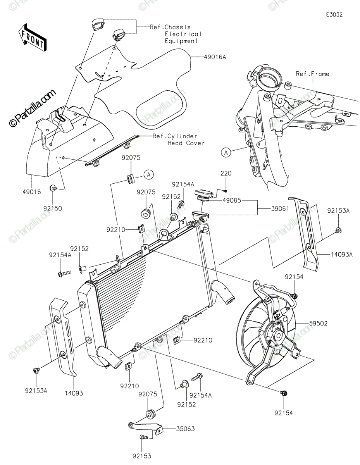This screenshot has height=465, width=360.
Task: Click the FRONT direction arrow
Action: click(33, 37)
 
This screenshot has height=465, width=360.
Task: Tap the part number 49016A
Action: click(215, 57)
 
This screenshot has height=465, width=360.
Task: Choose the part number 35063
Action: click(186, 429)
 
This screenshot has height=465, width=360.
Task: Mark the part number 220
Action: click(226, 174)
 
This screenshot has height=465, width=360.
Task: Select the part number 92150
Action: click(53, 208)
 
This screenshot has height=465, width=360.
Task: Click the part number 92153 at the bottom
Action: click(142, 456)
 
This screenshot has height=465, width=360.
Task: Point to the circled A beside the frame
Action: click(226, 153)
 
